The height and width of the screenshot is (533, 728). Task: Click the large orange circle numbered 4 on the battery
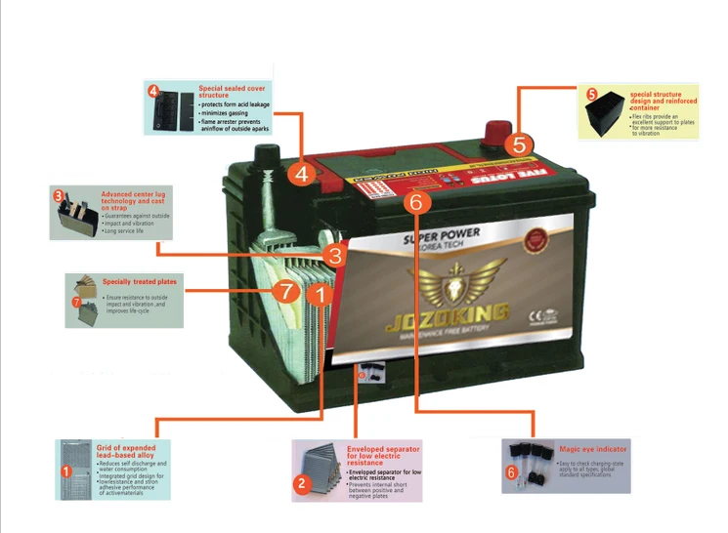[301, 175]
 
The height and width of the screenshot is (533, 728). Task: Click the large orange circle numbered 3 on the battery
[335, 257]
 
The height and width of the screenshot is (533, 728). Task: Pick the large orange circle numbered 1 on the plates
[323, 291]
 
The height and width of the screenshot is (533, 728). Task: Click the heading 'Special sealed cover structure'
[234, 92]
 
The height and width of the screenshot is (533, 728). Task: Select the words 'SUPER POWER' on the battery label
[437, 239]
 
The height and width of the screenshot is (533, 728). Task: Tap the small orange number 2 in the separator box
[303, 482]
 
